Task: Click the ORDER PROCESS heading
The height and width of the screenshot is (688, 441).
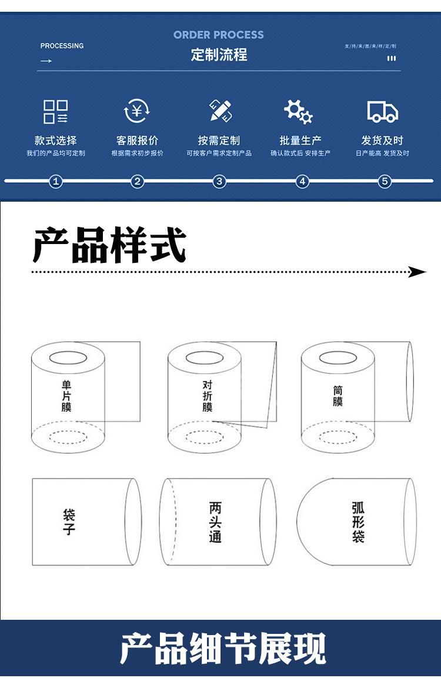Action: [219, 35]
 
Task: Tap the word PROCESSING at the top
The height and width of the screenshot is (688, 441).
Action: [62, 46]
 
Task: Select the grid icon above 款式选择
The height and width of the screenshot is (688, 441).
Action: [56, 111]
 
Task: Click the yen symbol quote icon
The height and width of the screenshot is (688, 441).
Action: [137, 111]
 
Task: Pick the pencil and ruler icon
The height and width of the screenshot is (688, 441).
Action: [219, 111]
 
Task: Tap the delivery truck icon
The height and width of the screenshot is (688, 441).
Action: [382, 111]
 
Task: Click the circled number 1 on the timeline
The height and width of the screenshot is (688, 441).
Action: [56, 181]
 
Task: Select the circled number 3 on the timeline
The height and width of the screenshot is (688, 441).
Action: [219, 181]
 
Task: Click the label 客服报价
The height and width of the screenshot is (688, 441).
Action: [137, 141]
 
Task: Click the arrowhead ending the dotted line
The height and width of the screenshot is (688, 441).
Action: [417, 272]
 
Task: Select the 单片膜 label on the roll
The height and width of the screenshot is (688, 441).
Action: [66, 395]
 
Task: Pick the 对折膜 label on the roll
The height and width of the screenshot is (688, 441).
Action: [208, 396]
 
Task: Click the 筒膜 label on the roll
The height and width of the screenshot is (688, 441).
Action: [338, 395]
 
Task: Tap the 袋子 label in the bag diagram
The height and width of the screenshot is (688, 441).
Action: [69, 522]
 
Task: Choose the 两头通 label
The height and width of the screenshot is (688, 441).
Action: [215, 522]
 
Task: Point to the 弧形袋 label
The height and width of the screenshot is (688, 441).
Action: [358, 522]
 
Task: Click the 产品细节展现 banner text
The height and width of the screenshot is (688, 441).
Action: [222, 649]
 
